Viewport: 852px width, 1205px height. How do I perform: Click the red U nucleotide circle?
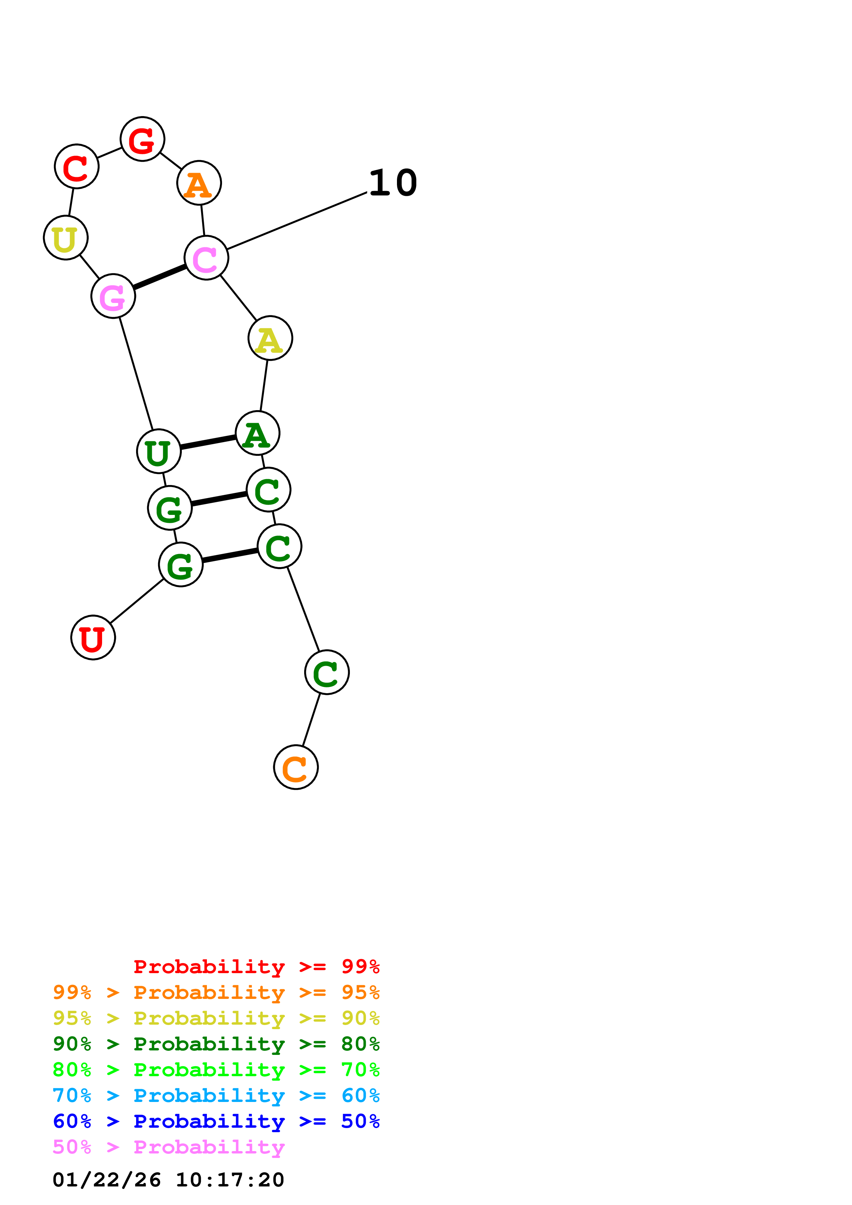(93, 637)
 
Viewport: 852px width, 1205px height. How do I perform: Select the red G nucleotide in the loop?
(142, 139)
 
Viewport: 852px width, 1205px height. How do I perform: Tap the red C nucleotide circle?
(77, 166)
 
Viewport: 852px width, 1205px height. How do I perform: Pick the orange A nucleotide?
(199, 183)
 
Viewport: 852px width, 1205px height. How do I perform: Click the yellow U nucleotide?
(66, 238)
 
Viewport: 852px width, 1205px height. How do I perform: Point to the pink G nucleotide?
(113, 296)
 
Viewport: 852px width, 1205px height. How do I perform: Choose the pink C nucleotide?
(206, 258)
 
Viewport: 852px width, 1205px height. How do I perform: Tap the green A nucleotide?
(257, 433)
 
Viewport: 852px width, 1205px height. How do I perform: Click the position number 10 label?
(393, 183)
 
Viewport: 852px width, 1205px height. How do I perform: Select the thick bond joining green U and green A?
(208, 442)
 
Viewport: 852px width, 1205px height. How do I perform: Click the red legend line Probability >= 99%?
(256, 966)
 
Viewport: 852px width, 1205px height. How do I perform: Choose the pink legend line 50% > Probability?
(168, 1147)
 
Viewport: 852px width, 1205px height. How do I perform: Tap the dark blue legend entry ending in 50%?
(216, 1121)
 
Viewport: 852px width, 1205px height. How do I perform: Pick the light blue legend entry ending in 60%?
(216, 1095)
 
